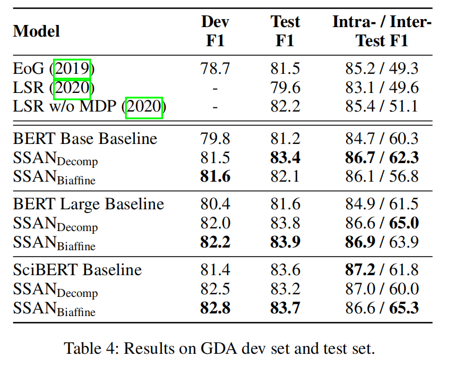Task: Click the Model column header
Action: point(36,31)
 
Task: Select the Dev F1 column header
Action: point(215,31)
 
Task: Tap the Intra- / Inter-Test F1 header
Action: point(382,31)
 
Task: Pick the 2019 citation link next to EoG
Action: point(72,69)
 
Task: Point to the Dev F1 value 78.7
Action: point(215,69)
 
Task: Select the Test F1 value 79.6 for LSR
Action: point(285,88)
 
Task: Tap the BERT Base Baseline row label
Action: point(85,139)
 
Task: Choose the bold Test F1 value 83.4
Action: point(285,158)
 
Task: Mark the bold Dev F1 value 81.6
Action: point(215,176)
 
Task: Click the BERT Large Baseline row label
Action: point(89,204)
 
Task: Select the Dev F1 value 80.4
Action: point(215,204)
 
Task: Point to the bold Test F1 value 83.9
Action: point(285,242)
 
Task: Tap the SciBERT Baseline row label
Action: point(78,270)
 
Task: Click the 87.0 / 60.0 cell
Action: point(382,289)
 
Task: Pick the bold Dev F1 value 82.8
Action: point(215,308)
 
